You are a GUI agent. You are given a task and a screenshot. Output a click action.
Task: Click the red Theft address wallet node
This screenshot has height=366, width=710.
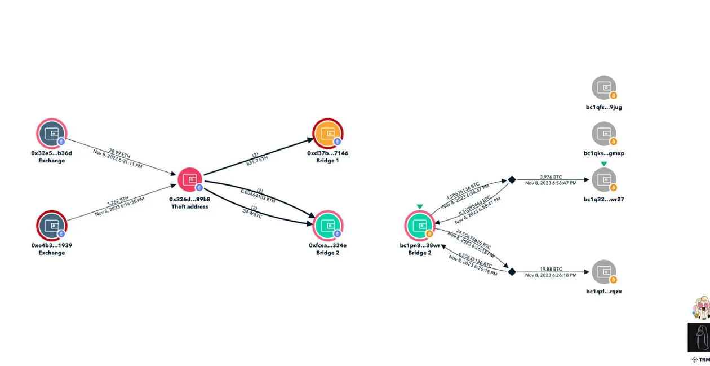pos(190,179)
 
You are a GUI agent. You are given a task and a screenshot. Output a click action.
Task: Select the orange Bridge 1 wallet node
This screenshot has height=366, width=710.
pos(327,134)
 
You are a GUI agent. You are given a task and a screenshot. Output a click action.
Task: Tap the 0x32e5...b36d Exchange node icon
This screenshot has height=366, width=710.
pos(51,134)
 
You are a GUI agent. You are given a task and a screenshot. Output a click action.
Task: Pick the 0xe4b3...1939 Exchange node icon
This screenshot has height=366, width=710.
pos(51,226)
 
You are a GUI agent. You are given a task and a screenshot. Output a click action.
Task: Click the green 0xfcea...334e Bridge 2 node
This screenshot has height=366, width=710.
pos(327,226)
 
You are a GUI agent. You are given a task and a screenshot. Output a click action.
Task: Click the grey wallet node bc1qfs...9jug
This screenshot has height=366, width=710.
pos(603,88)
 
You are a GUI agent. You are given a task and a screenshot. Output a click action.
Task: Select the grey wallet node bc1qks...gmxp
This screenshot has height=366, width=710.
pos(603,134)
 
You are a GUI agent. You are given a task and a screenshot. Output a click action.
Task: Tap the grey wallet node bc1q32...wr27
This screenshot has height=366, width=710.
pos(603,180)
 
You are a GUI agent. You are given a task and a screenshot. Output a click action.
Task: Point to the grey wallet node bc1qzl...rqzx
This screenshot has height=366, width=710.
pos(603,272)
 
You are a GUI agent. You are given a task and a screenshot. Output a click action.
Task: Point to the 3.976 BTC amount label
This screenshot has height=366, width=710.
pos(551,176)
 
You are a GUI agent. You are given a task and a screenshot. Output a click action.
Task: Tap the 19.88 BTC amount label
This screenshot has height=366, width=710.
pos(551,268)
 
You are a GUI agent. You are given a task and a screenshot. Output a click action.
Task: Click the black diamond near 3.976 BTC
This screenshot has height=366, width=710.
pos(512,180)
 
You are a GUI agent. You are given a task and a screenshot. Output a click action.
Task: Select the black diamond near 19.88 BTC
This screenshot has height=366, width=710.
pos(512,272)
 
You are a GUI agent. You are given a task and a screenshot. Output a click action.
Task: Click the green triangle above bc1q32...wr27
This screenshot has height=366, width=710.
pos(603,164)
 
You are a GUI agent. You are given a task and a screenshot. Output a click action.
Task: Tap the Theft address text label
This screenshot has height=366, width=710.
pos(190,207)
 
